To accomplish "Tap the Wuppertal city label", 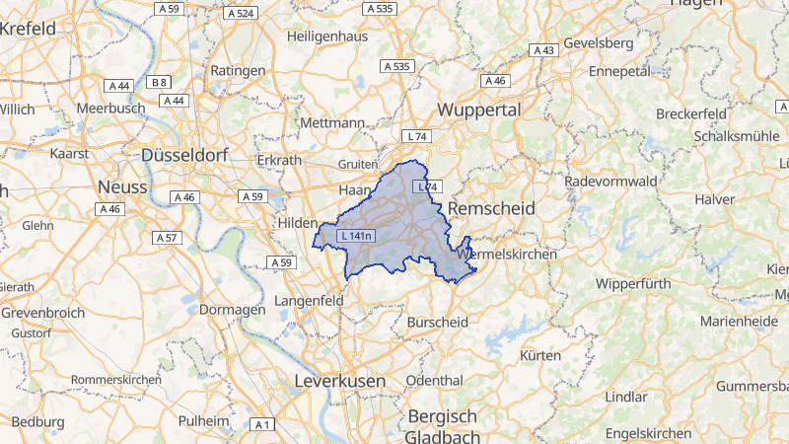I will (x=480, y=110).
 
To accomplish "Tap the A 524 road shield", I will (x=241, y=13).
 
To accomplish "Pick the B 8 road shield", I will (x=159, y=82).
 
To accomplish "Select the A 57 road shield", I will (x=167, y=238).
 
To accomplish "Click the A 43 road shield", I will (x=543, y=50).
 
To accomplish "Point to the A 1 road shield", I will (x=261, y=424).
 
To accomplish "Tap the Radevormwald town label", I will (x=610, y=182).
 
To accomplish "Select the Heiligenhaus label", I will (x=326, y=36).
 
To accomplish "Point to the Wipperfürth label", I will (x=633, y=283).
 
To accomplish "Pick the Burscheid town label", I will (x=437, y=322).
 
